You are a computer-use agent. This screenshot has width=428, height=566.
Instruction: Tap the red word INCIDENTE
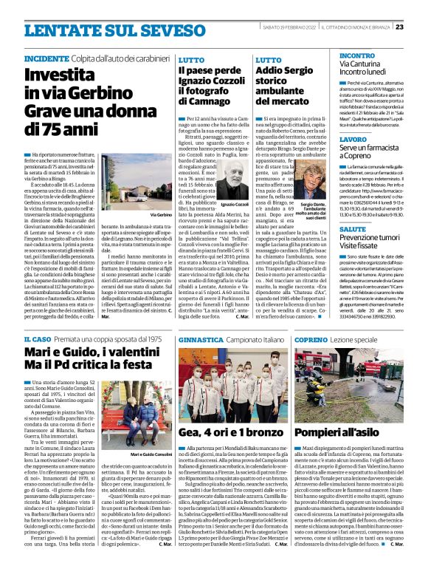click(48, 58)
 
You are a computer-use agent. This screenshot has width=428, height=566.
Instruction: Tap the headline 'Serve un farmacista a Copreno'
click(362, 153)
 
